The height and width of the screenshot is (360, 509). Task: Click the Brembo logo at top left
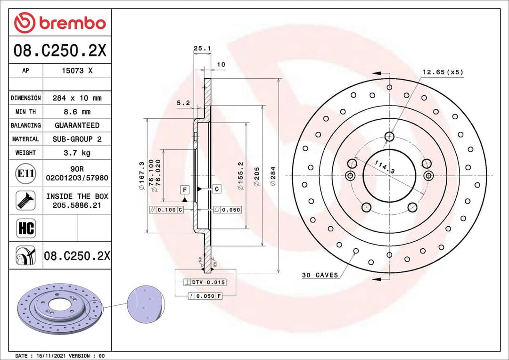[x=60, y=23]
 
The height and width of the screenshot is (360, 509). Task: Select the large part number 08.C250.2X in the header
[x=60, y=50]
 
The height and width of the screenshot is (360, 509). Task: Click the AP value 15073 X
[x=77, y=71]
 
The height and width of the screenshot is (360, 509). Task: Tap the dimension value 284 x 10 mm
[x=77, y=98]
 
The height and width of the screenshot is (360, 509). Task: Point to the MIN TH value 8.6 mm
[x=77, y=112]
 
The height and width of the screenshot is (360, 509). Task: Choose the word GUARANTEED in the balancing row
[x=77, y=125]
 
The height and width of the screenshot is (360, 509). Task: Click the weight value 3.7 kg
[x=77, y=153]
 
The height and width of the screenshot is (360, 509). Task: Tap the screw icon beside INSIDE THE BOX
[x=25, y=201]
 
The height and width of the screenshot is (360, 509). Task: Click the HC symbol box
[x=25, y=229]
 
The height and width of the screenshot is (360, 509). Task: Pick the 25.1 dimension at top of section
[x=202, y=48]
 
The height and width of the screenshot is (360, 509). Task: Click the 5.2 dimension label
[x=183, y=103]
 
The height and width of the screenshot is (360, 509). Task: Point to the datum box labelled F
[x=185, y=190]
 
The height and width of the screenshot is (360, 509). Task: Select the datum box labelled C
[x=216, y=189]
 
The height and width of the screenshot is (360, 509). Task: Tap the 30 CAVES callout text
[x=320, y=275]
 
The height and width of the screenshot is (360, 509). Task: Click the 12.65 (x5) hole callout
[x=443, y=72]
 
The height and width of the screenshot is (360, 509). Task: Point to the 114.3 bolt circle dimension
[x=385, y=167]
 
